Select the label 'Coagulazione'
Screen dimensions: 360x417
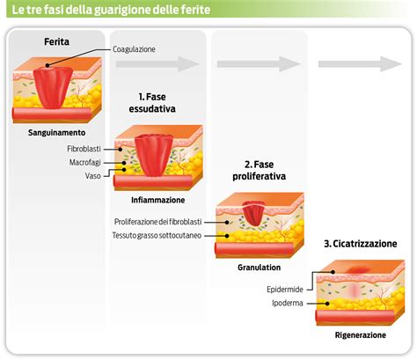[x=134, y=49]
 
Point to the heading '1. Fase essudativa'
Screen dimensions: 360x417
[x=157, y=102]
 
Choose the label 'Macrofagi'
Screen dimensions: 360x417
[x=88, y=162]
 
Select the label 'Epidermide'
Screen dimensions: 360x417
[x=287, y=289]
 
